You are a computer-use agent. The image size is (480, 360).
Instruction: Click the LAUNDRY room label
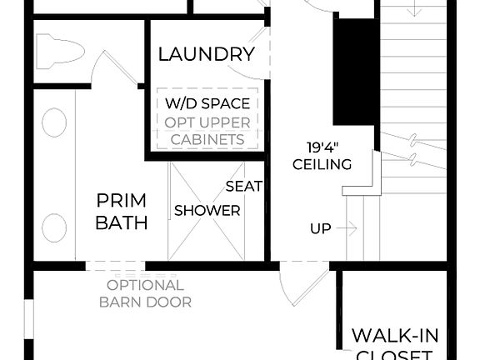[206, 55]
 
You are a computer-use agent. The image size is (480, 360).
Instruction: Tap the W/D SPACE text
[207, 103]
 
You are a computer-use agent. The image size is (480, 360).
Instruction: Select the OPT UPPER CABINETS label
[207, 131]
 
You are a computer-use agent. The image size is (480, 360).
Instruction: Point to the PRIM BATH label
[121, 212]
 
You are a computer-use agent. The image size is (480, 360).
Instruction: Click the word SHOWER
[207, 211]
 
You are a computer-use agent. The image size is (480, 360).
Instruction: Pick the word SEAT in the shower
[244, 187]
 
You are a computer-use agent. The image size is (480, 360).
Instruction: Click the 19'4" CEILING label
[322, 156]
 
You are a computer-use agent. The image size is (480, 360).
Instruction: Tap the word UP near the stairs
[321, 228]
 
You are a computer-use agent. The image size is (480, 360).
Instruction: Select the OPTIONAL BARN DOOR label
[145, 293]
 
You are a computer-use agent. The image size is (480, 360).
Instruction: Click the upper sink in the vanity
[54, 123]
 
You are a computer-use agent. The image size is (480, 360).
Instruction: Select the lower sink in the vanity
[54, 227]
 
